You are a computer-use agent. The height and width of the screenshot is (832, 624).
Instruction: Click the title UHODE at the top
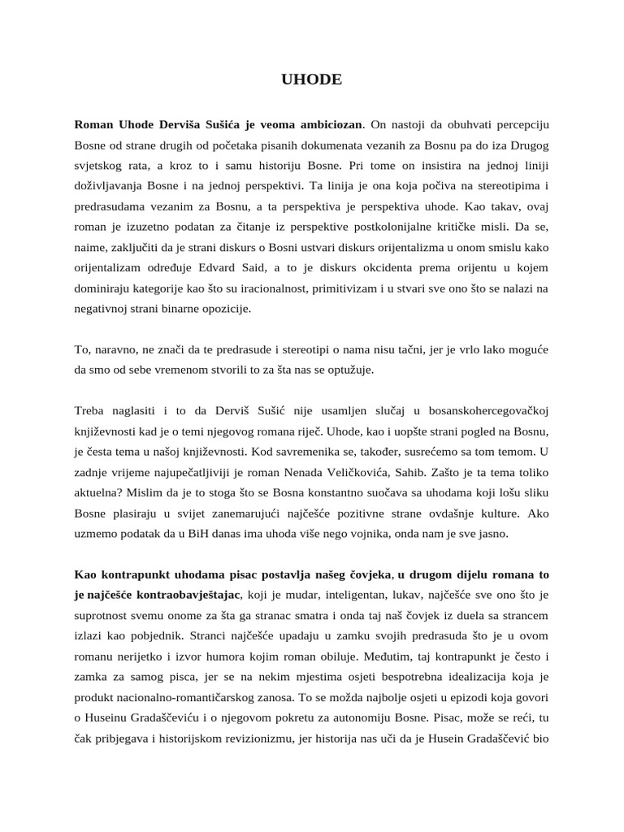[x=311, y=80]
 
